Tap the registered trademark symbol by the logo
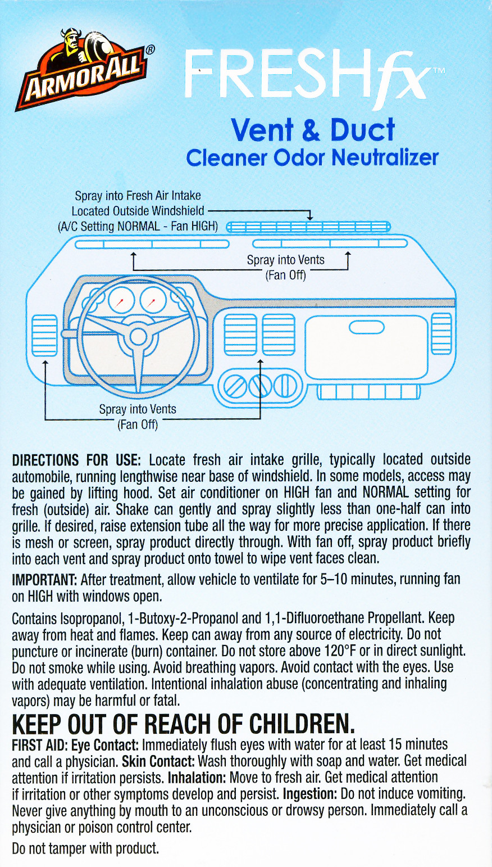pyautogui.click(x=150, y=50)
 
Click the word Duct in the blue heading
pyautogui.click(x=362, y=130)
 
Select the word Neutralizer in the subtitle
pyautogui.click(x=385, y=157)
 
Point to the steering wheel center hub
pyautogui.click(x=138, y=337)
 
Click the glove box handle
pyautogui.click(x=366, y=327)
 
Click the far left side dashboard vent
pyautogui.click(x=44, y=335)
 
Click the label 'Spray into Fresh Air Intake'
pyautogui.click(x=138, y=196)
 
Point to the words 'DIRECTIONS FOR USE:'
pyautogui.click(x=76, y=460)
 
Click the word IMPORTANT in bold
pyautogui.click(x=44, y=579)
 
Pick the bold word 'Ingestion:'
pyautogui.click(x=310, y=794)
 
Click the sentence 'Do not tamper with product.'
pyautogui.click(x=85, y=848)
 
